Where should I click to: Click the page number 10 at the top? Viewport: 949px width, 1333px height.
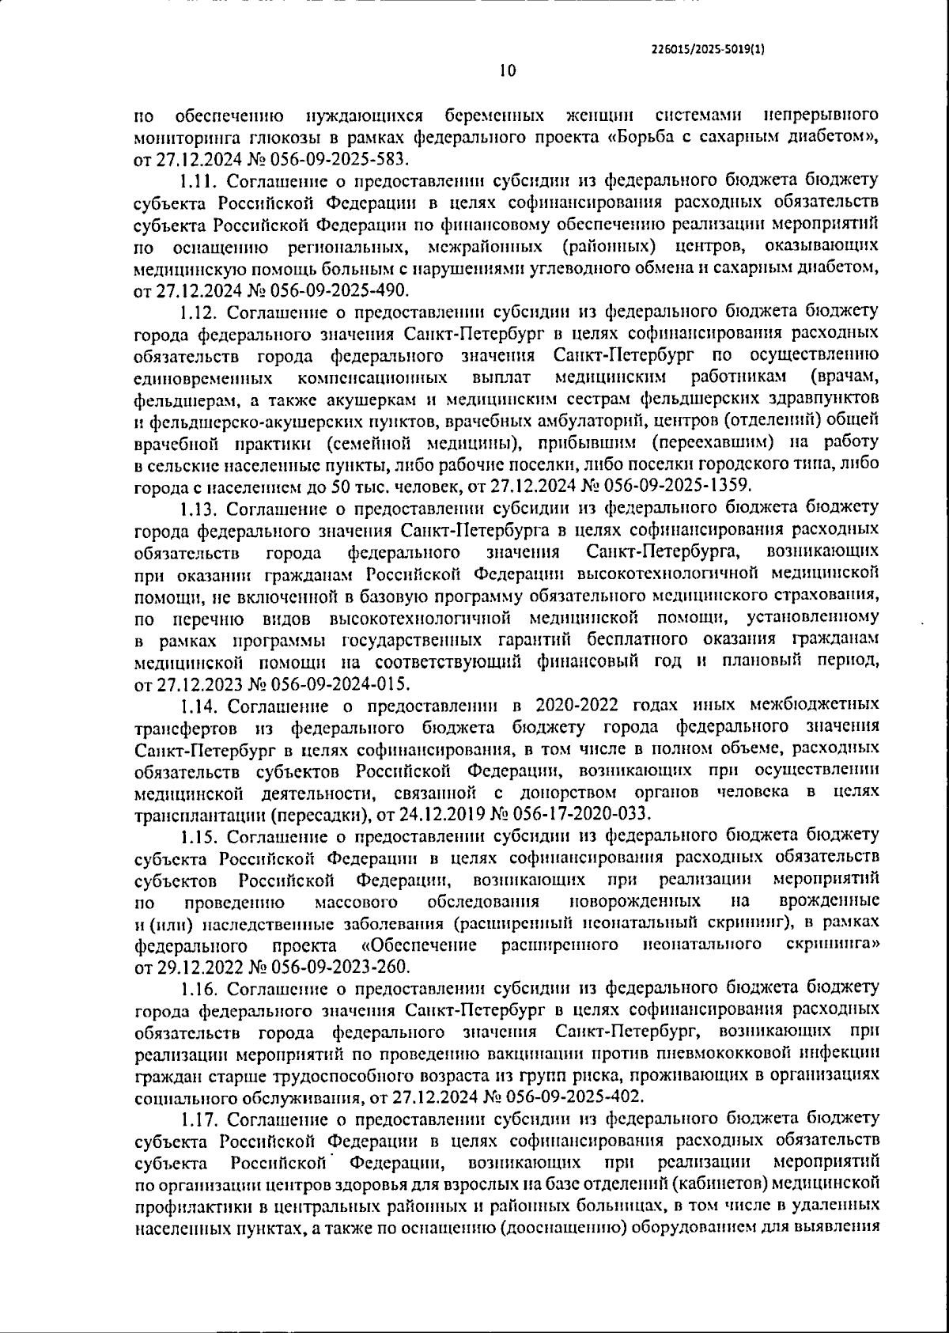tap(507, 71)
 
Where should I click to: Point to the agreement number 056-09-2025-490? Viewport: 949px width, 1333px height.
tap(342, 290)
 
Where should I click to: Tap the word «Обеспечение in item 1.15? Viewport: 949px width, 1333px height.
tap(418, 945)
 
